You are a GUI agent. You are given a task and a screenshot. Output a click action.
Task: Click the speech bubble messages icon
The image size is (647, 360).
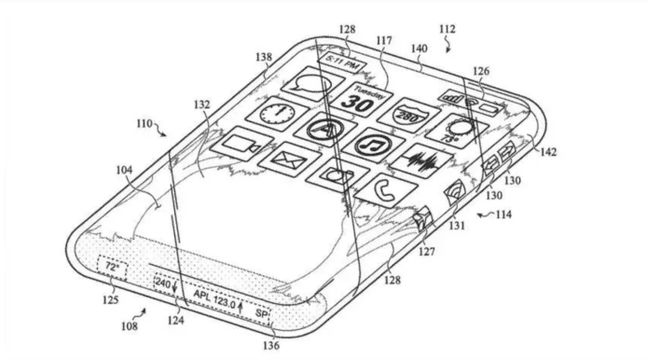tap(310, 86)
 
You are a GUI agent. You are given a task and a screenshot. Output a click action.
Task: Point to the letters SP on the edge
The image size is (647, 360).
tap(263, 312)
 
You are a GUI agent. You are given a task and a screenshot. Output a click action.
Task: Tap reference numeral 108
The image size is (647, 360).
tap(129, 326)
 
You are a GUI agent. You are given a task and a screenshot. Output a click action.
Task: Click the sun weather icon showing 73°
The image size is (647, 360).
tap(458, 130)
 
